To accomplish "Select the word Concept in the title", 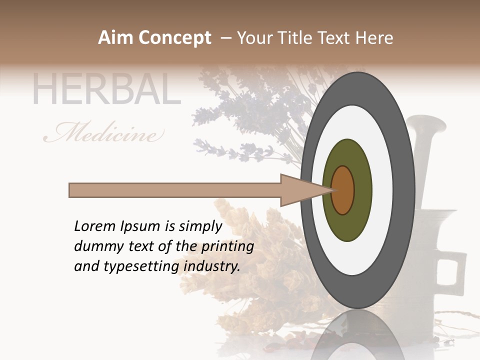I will point(174,38).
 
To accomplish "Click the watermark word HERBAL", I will point(106,90).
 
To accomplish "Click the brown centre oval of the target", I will point(343,190).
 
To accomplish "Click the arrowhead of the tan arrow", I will point(300,190).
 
